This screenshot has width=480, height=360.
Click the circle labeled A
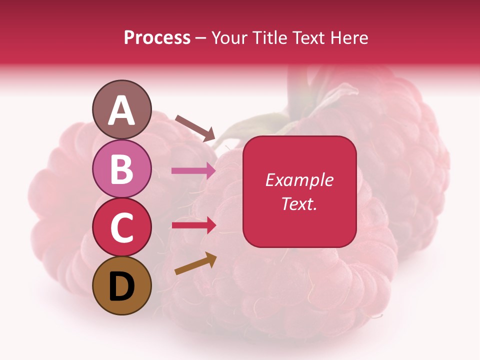[122, 109]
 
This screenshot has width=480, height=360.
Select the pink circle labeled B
[122, 168]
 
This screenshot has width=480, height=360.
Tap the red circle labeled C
[122, 227]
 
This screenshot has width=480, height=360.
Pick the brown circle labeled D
[122, 286]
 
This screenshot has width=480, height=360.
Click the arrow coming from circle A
[195, 128]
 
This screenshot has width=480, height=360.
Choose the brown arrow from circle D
[195, 264]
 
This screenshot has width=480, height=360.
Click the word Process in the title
[157, 37]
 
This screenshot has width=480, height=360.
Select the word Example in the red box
[299, 180]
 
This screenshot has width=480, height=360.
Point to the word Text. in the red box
[299, 203]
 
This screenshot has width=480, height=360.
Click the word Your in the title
[229, 37]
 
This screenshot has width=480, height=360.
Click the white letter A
[122, 110]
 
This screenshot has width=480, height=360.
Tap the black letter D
[122, 286]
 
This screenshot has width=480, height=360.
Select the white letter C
[122, 228]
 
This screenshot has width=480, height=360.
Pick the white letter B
[122, 169]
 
